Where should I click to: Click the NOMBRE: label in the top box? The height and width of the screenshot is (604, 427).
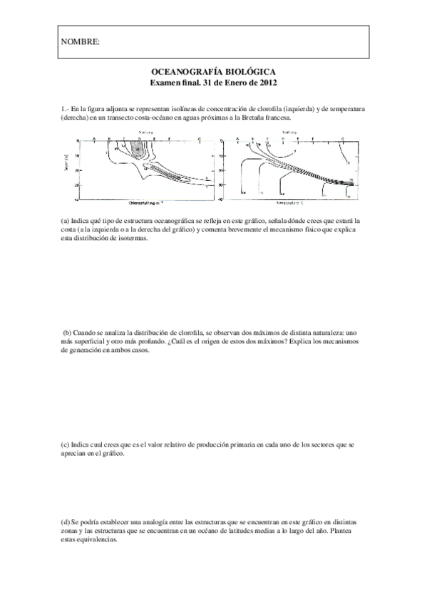[x=80, y=43]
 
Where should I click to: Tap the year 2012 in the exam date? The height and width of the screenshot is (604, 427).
[x=266, y=83]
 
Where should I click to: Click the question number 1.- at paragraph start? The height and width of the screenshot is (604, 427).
[x=65, y=109]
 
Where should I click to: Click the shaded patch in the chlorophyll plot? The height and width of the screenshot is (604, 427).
[x=135, y=147]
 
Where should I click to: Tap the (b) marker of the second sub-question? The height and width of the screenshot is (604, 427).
[x=68, y=333]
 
